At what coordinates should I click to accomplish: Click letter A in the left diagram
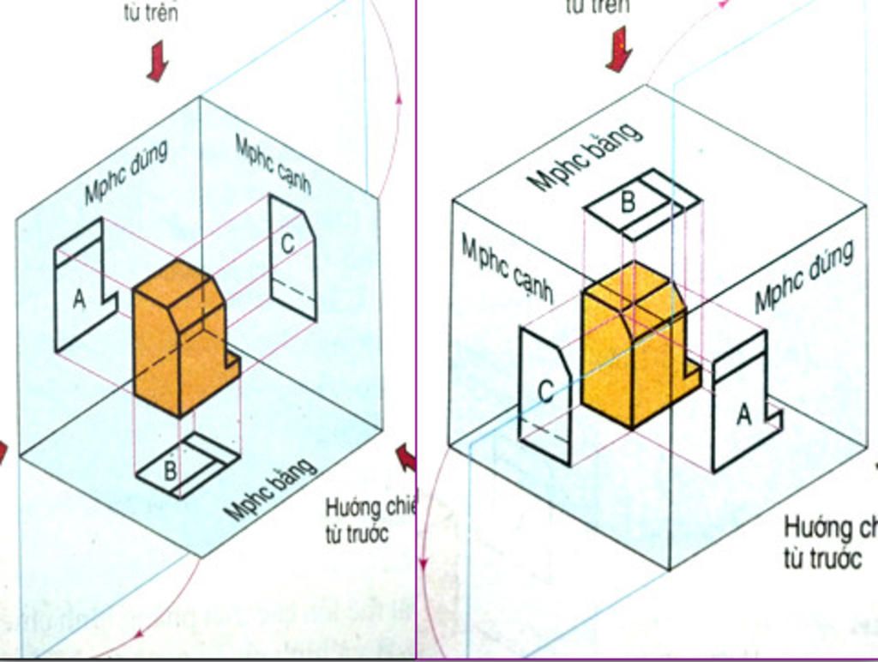coord(79,300)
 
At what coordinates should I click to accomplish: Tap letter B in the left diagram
coord(170,470)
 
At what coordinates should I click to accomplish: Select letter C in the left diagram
coord(287,244)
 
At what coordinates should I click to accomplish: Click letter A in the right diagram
coord(743,414)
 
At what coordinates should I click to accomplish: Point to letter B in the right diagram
coord(628,202)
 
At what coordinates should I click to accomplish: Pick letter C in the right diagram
coord(544,392)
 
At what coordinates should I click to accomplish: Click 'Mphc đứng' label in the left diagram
coord(126,172)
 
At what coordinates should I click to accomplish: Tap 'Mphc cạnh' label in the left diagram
coord(273,164)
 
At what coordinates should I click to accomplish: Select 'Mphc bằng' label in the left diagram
coord(270,489)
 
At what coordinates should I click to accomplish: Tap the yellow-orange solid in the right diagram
coord(634,347)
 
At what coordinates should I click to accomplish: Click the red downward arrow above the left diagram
coord(157,62)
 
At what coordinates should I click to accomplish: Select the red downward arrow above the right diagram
coord(618,49)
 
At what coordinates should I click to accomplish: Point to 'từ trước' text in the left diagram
coord(358,533)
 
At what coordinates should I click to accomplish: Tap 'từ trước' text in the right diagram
coord(822,558)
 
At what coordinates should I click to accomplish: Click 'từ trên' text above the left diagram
coord(151,14)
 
